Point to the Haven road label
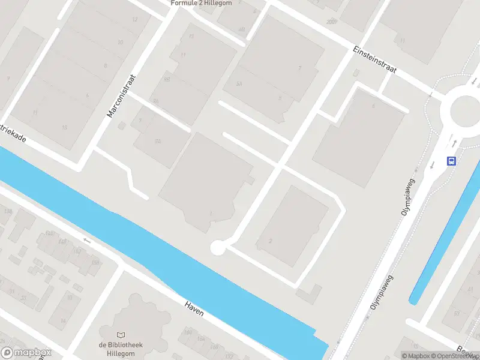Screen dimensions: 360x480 pos(194,308)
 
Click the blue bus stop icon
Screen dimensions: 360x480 pos(451,161)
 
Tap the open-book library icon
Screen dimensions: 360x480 pos(121,334)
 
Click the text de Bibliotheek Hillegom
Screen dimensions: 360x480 pos(121,349)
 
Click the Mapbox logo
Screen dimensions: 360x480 pos(26,352)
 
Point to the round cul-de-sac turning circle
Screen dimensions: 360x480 pos(217,247)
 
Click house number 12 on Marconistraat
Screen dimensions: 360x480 pos(134,20)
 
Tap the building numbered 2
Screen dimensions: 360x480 pos(271,241)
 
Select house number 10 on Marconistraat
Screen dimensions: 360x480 pos(121,42)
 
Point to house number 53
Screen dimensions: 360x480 pos(457,313)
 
